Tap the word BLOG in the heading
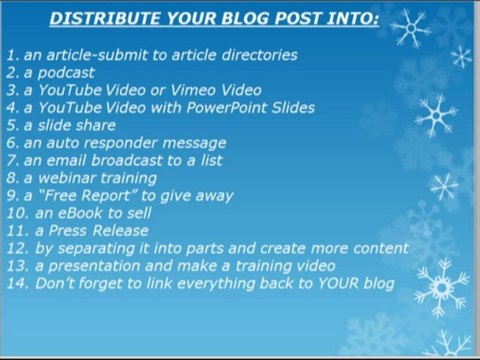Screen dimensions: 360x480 249,17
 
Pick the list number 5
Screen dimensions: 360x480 11,125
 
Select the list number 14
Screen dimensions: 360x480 15,284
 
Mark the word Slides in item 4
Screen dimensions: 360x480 293,107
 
